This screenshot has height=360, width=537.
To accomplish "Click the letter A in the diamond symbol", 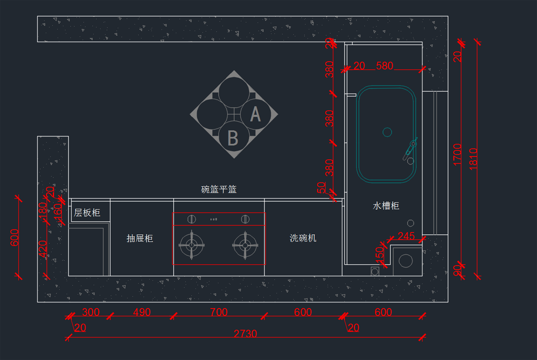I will (x=255, y=114).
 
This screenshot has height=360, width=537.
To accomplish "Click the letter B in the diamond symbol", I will (x=233, y=138).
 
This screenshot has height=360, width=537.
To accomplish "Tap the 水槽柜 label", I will (x=386, y=206).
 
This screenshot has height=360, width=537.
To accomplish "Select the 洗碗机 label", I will (x=303, y=238).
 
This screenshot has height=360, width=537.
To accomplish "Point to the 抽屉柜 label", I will (x=140, y=238).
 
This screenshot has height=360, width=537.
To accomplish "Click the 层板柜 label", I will (x=87, y=213).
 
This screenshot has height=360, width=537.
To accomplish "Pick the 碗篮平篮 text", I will (x=219, y=189).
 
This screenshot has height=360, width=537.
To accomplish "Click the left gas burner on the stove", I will (x=192, y=245).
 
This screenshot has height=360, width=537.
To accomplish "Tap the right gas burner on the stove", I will (x=245, y=245).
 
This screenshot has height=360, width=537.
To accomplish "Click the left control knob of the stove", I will (x=191, y=219).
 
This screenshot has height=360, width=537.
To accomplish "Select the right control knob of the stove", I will (x=245, y=219).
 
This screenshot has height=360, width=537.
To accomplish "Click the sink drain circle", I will (x=387, y=132).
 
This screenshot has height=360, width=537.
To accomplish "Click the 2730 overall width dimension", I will (x=245, y=334).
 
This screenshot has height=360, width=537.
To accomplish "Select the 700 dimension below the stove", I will (x=218, y=312).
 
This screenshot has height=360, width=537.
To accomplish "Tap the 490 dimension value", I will (x=142, y=312).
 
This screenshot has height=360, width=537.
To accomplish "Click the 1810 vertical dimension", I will (x=473, y=158).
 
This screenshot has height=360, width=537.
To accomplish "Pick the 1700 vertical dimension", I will (x=457, y=154).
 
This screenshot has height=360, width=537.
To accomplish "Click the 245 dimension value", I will (x=406, y=236).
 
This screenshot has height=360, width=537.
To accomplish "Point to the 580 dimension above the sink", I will (x=384, y=66).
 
